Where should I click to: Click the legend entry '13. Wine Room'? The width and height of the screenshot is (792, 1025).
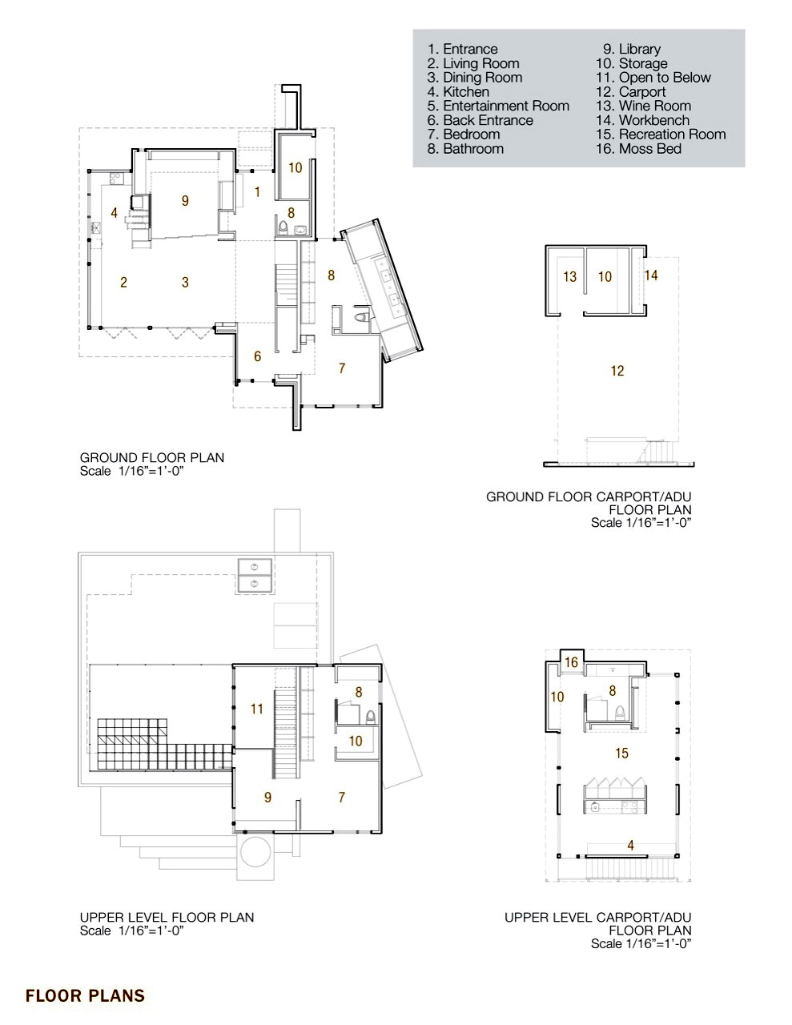coord(643,107)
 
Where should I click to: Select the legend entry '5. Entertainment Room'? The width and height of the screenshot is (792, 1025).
coord(498,107)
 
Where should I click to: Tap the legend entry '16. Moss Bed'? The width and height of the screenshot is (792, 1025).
coord(639,149)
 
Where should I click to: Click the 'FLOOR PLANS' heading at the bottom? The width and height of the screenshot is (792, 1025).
coord(85,995)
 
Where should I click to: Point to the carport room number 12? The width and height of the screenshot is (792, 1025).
coord(617,371)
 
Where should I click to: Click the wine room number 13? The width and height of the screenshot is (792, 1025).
coord(570,276)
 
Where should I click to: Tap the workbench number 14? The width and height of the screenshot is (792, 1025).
coord(651,275)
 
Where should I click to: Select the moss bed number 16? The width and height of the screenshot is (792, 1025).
coord(571,662)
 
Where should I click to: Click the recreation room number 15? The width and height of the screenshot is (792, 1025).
coord(621,753)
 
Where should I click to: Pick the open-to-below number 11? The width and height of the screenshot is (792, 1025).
coord(256,709)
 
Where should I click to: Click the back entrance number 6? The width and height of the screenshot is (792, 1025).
coord(258,356)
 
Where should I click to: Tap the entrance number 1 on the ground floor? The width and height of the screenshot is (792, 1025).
coord(257,192)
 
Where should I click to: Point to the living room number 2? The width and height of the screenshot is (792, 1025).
coord(123,282)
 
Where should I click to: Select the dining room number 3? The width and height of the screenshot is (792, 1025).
coord(185,282)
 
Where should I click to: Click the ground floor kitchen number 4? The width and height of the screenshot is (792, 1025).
coord(115,213)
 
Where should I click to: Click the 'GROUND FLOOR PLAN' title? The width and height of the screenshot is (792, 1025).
coord(152,457)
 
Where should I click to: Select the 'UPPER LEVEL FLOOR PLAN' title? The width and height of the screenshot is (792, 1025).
coord(167,918)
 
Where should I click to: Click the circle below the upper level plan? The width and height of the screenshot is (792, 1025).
coord(256,852)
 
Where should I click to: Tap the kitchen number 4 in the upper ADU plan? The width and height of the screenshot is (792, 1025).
coord(631,846)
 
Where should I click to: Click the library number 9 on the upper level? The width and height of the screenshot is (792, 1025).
coord(268,797)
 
